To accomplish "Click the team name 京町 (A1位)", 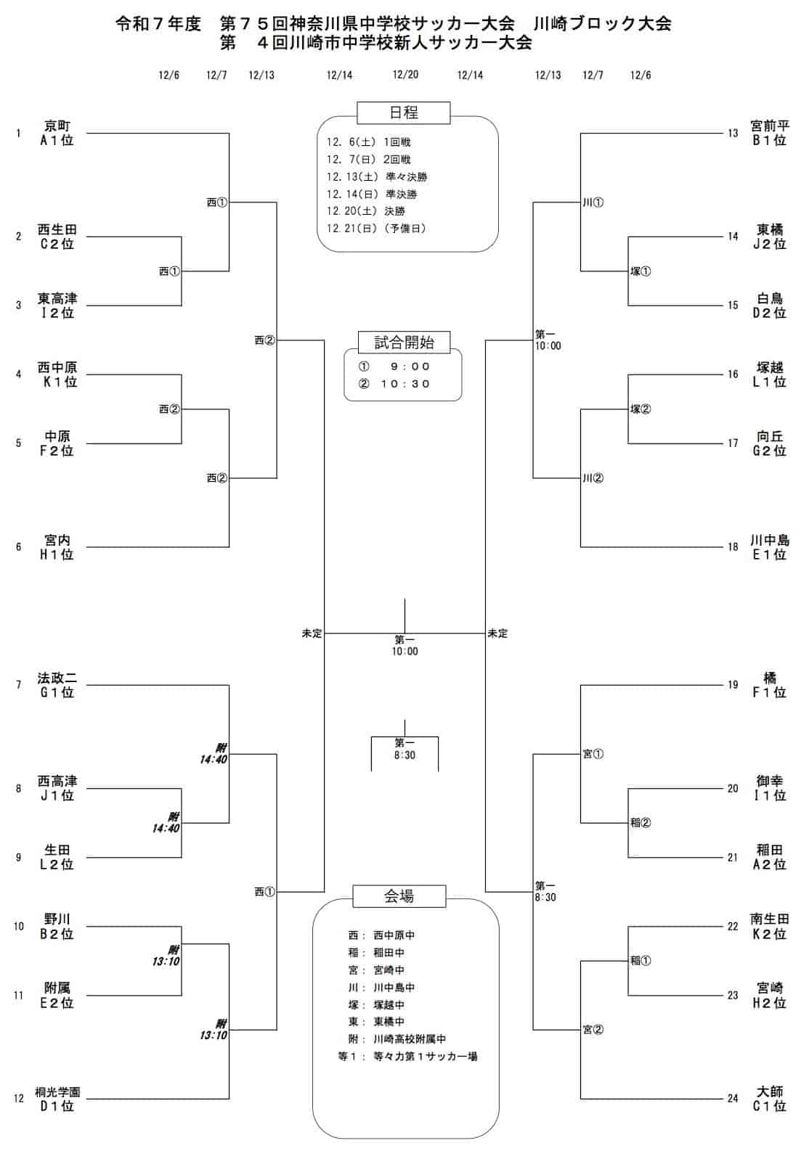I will (57, 133).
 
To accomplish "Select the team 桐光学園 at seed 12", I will (57, 1099).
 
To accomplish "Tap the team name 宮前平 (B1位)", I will (769, 133).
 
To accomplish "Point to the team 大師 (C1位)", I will (769, 1099).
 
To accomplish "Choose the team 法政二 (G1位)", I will (57, 685).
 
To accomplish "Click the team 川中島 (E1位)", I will (769, 547).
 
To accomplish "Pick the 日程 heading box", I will (404, 112).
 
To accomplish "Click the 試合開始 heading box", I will (404, 342).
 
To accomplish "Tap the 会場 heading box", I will (399, 895).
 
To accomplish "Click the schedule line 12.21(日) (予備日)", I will (376, 229).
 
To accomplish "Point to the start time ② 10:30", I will (395, 384).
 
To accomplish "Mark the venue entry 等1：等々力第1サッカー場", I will (407, 1057).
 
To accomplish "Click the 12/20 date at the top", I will (405, 75).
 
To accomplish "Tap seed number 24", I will (733, 1099).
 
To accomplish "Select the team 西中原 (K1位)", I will (57, 374).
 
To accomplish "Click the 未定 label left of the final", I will (312, 634).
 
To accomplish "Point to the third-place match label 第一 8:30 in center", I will (404, 749).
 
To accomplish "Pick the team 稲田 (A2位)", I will (769, 857).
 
